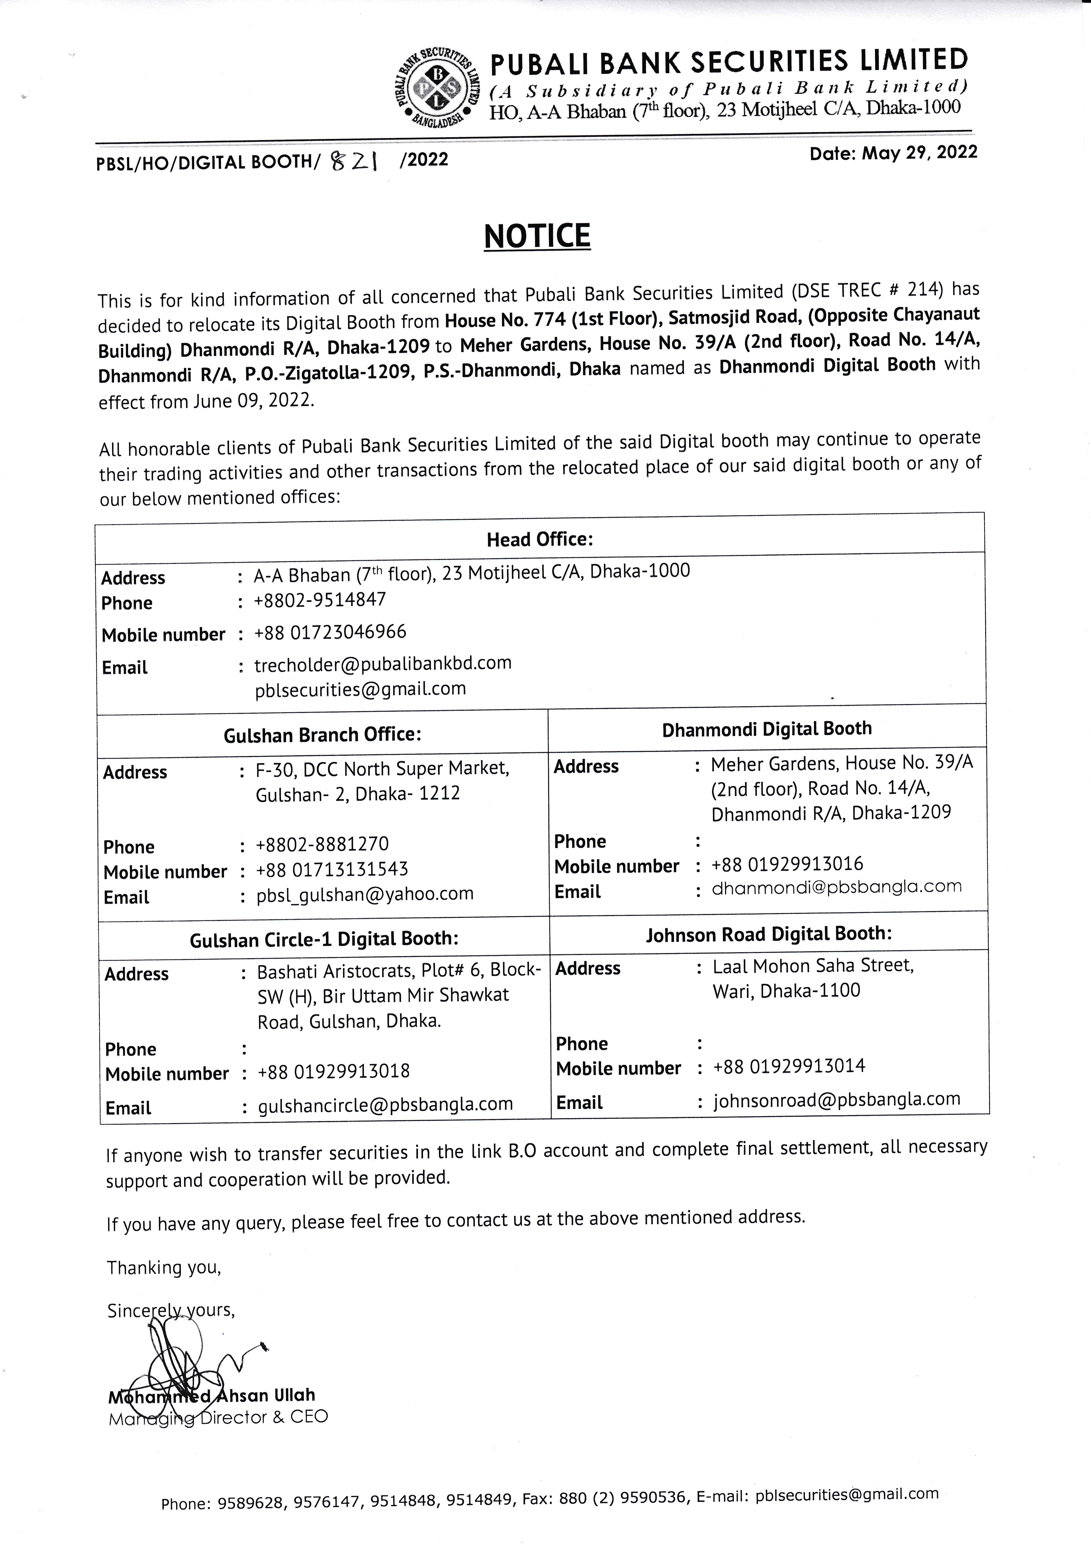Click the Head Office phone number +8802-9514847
[320, 600]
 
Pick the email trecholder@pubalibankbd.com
[383, 664]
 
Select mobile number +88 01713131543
[332, 869]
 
